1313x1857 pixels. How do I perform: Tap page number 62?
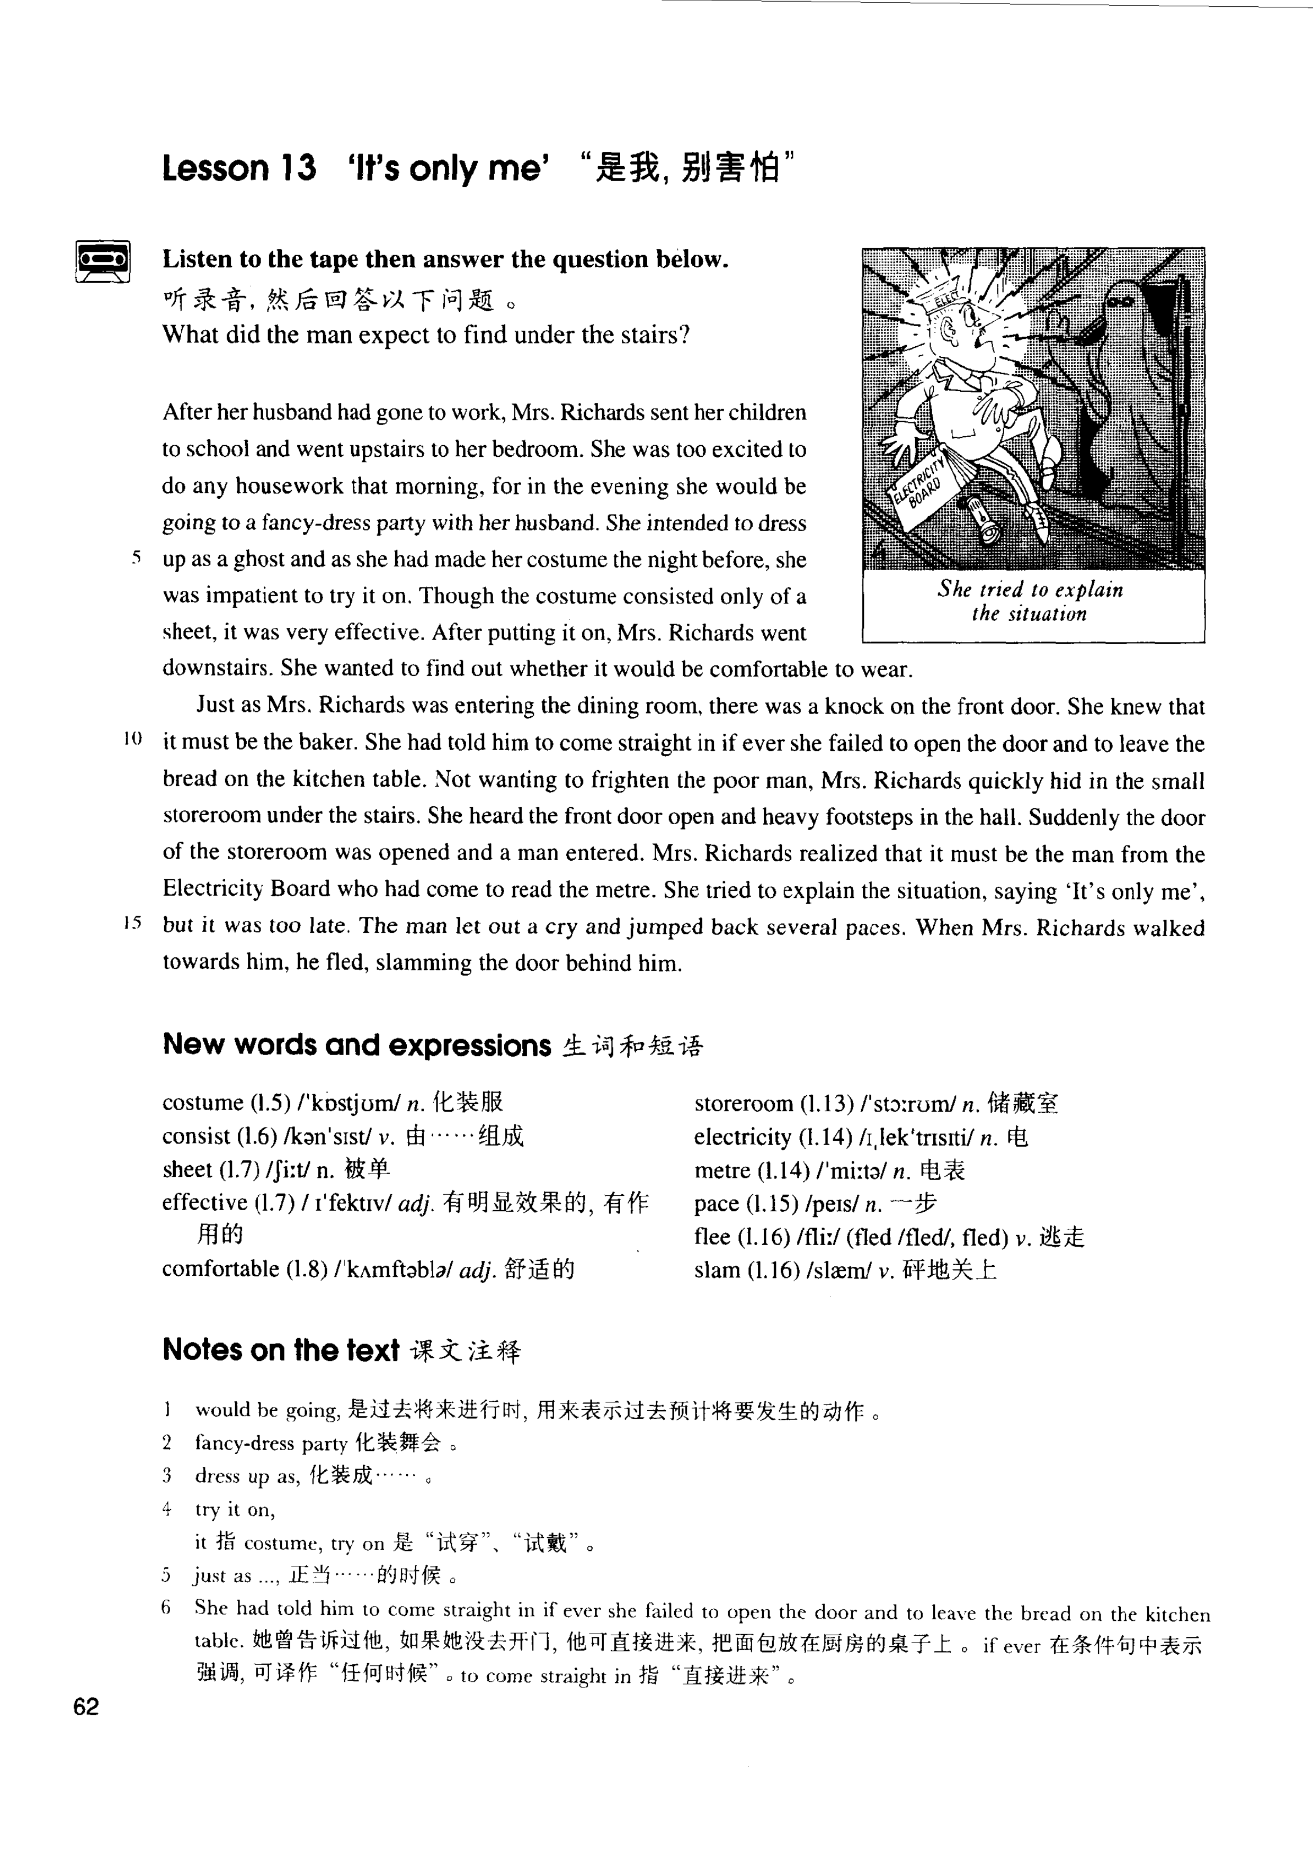pos(86,1707)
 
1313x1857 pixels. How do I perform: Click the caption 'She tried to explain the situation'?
pos(1031,601)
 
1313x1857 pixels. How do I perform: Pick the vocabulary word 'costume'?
pos(202,1103)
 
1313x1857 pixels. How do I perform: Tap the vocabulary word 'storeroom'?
pos(744,1104)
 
